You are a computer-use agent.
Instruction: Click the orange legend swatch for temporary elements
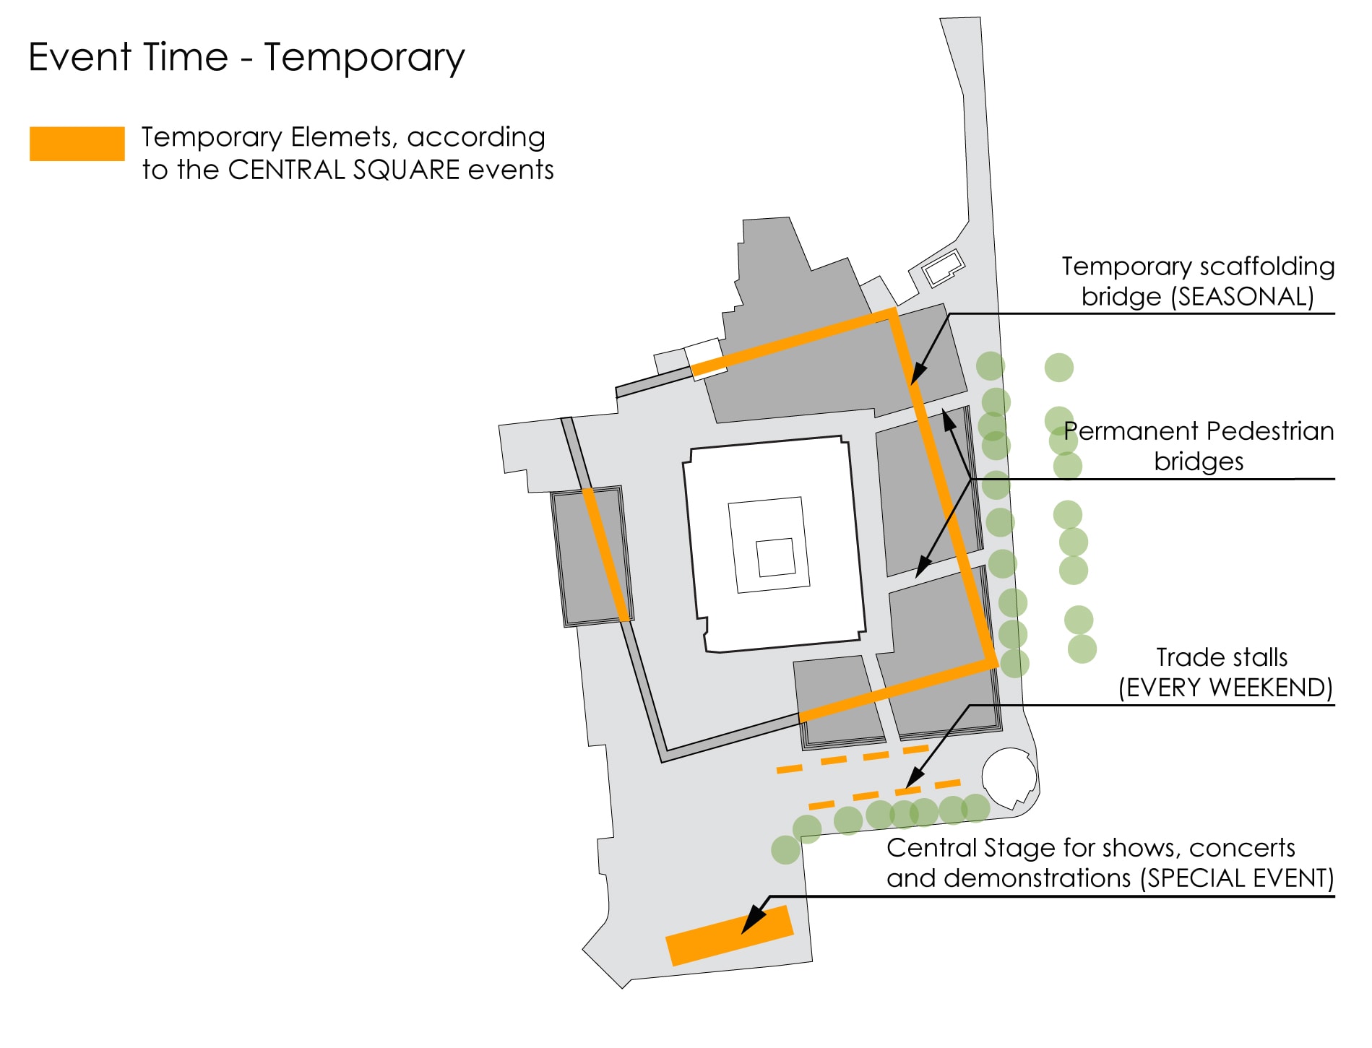pyautogui.click(x=77, y=143)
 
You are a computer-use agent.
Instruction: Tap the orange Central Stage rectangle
pyautogui.click(x=729, y=935)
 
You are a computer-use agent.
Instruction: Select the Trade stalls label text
pyautogui.click(x=1222, y=657)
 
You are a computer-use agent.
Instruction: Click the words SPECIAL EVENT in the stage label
pyautogui.click(x=1236, y=878)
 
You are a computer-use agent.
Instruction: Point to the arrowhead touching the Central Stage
pyautogui.click(x=754, y=919)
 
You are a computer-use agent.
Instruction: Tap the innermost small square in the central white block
pyautogui.click(x=776, y=558)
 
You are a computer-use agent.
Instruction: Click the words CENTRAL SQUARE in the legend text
pyautogui.click(x=344, y=170)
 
